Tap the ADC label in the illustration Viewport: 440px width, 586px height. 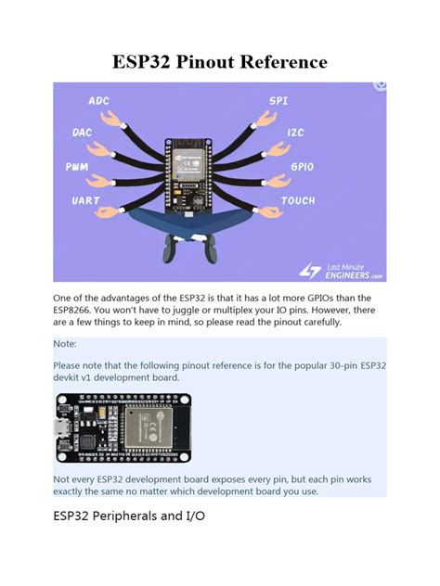(x=98, y=100)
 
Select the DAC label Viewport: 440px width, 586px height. (x=82, y=133)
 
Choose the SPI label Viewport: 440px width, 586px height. (x=278, y=100)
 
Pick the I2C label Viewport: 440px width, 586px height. (x=295, y=133)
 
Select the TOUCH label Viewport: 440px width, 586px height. (x=298, y=199)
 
